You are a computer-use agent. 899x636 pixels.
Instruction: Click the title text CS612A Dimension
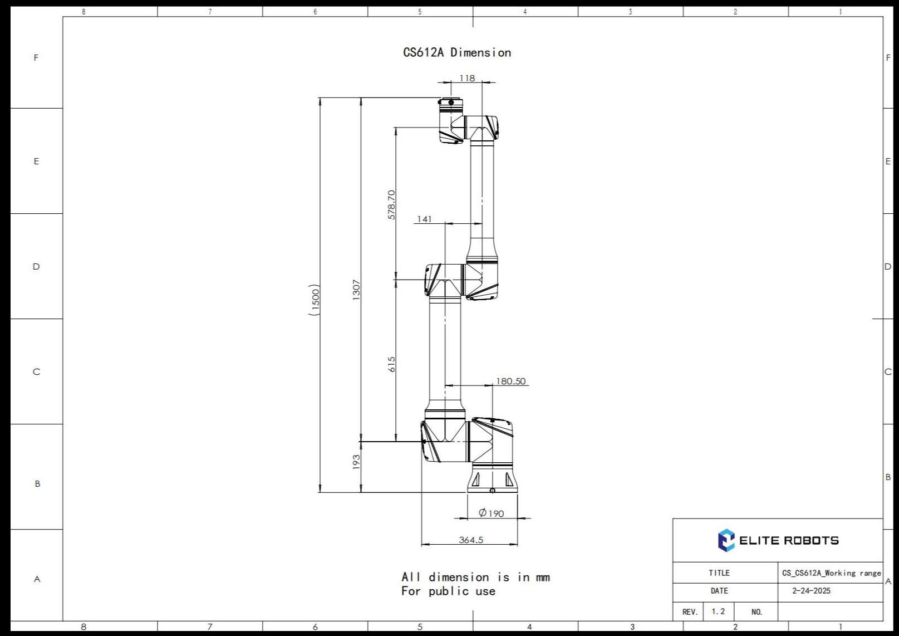(456, 52)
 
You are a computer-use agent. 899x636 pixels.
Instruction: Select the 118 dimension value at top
(467, 78)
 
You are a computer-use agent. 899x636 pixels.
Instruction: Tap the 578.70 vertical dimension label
(391, 204)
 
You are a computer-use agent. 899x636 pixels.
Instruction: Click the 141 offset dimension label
(424, 219)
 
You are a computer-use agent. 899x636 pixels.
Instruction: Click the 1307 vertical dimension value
(356, 290)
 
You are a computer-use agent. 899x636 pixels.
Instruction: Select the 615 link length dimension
(391, 364)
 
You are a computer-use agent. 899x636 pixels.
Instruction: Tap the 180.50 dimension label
(510, 381)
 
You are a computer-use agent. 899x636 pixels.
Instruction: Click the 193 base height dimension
(356, 462)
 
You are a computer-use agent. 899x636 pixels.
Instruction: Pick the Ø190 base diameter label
(491, 513)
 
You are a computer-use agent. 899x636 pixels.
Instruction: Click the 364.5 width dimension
(471, 540)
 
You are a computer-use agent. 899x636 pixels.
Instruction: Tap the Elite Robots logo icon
(726, 540)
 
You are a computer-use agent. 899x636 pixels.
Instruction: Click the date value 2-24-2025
(811, 591)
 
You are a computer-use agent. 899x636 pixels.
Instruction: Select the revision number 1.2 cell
(718, 611)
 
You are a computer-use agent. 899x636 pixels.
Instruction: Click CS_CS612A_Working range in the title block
(831, 573)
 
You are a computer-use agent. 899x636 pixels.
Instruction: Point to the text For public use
(448, 591)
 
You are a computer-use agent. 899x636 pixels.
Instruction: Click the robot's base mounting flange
(492, 482)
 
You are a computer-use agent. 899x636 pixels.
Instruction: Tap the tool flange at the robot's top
(450, 102)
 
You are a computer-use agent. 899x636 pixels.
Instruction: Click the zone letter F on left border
(36, 57)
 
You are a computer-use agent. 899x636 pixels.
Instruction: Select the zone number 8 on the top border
(83, 12)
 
